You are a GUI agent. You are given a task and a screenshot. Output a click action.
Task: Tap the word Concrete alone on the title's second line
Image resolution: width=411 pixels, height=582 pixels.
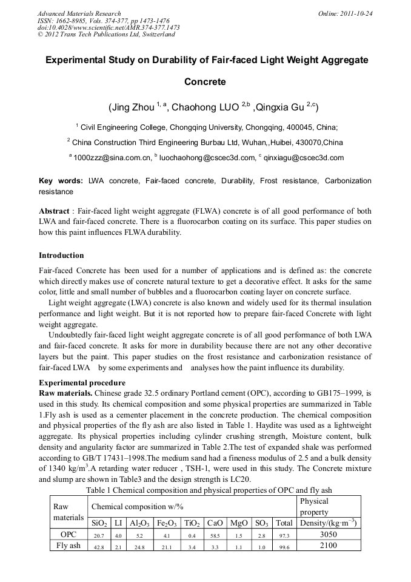[x=205, y=81]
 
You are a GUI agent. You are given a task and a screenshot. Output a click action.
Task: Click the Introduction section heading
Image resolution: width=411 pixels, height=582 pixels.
[x=61, y=255]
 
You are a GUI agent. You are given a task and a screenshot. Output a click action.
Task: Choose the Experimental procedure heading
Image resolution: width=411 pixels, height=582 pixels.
[x=82, y=383]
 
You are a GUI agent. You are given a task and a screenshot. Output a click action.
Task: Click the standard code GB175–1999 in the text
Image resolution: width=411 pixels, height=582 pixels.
[x=324, y=393]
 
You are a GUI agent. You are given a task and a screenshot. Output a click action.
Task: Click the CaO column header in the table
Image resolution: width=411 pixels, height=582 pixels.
[x=215, y=523]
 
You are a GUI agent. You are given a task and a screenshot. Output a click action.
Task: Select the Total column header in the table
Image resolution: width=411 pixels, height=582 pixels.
[x=283, y=523]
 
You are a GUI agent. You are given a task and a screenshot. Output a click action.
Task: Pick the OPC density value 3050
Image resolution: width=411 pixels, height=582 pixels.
[x=327, y=535]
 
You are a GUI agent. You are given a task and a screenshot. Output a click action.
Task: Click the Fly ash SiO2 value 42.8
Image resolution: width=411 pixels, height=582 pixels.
[x=99, y=546]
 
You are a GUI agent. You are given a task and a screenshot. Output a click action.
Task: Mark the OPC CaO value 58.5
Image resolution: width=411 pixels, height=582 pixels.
[x=215, y=535]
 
